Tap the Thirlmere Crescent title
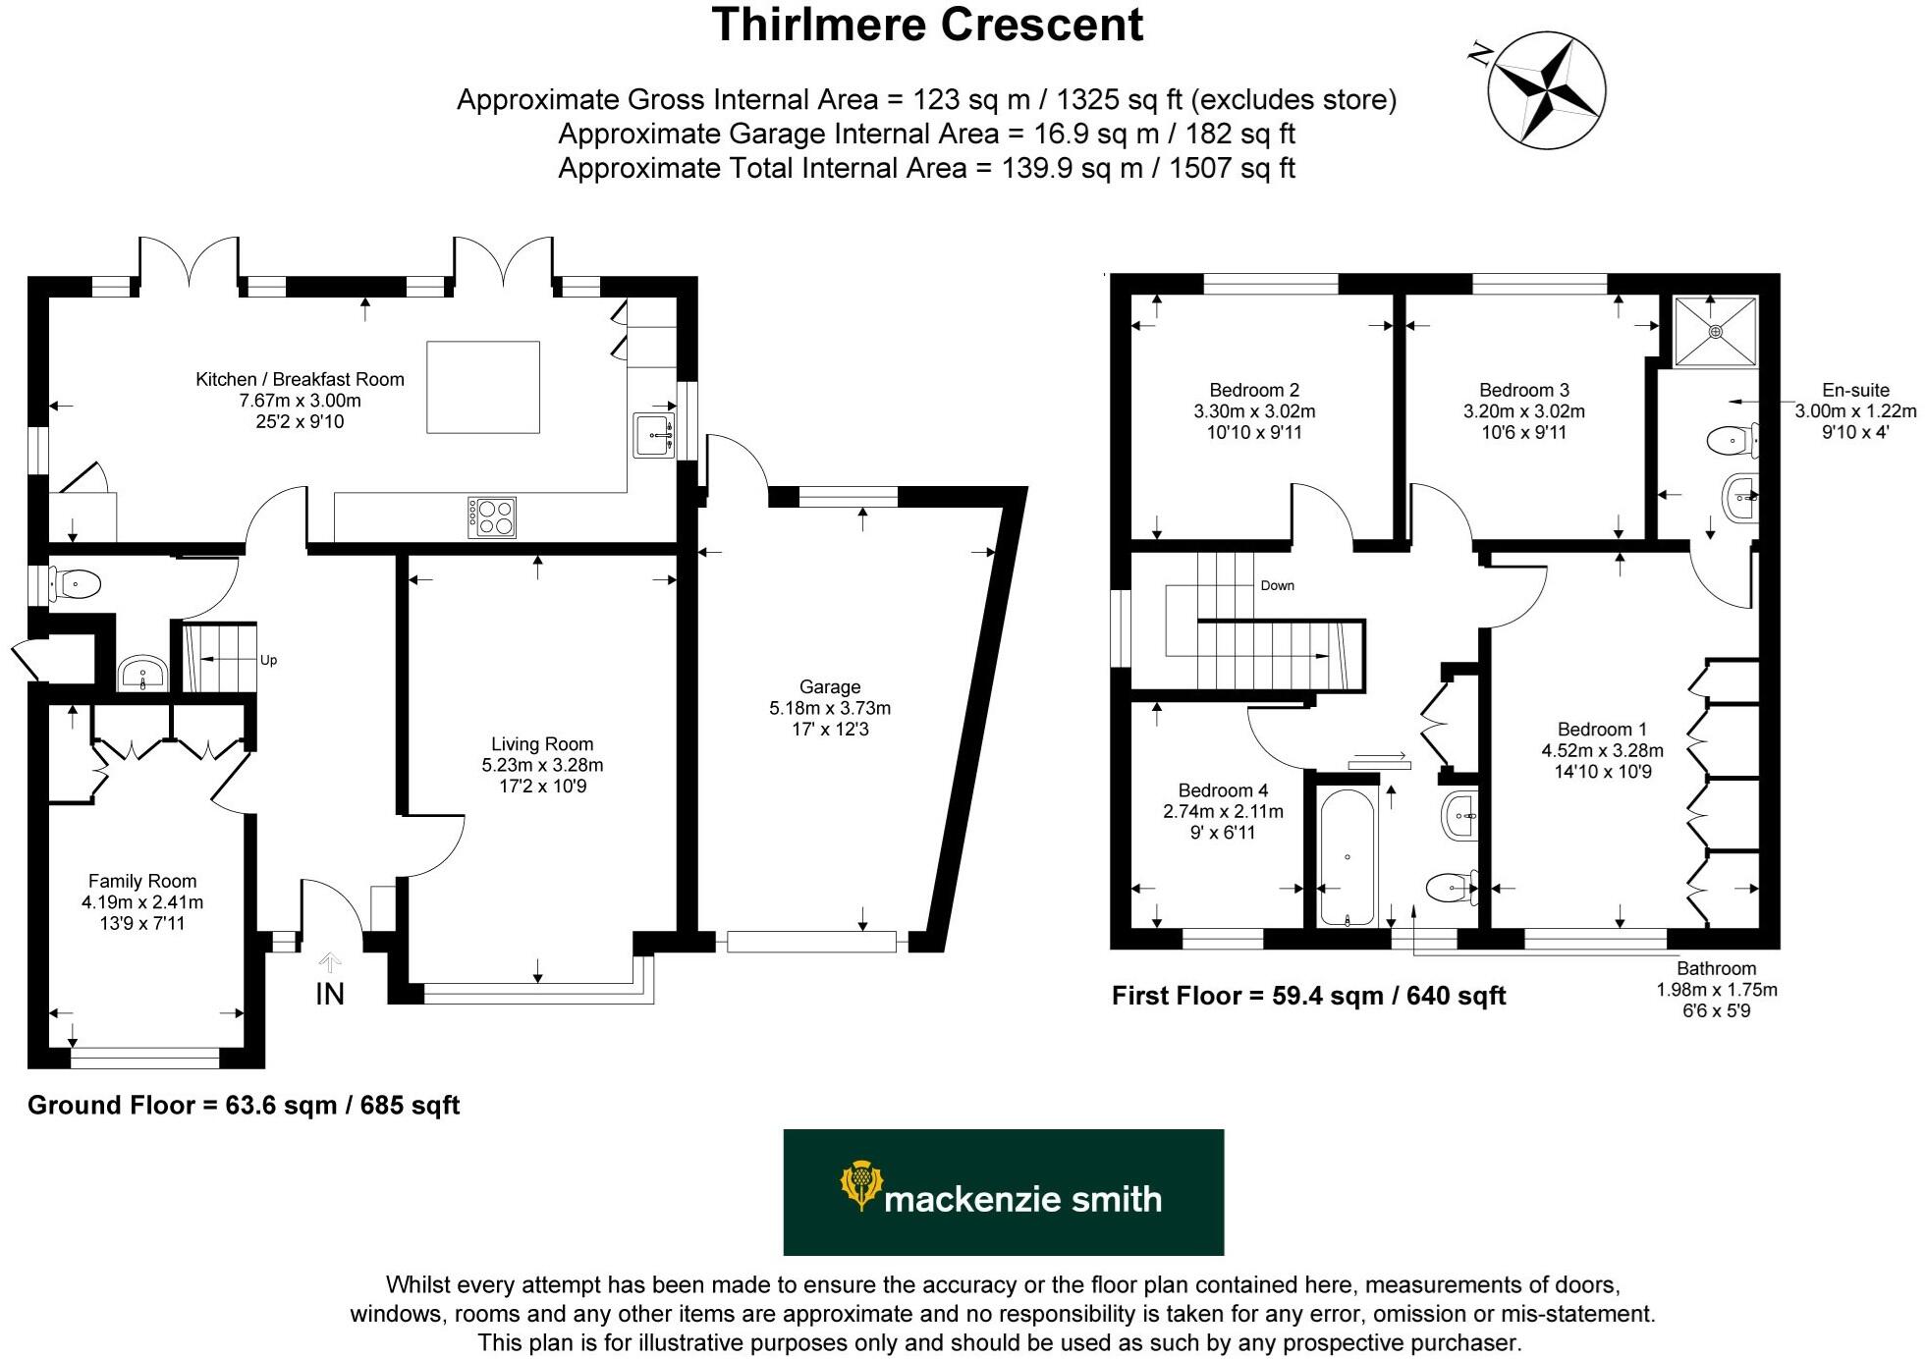(927, 26)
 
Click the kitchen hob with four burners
(492, 517)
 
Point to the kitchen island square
(483, 387)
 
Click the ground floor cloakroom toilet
(76, 585)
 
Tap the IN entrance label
(330, 993)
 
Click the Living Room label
(542, 744)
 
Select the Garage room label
(830, 687)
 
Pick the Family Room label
(142, 881)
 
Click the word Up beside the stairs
(268, 660)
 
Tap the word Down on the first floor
(1277, 585)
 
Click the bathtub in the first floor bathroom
(1347, 856)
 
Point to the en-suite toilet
(1732, 441)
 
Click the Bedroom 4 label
(1223, 790)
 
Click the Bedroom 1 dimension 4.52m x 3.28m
(1602, 751)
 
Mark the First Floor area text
(1308, 996)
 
